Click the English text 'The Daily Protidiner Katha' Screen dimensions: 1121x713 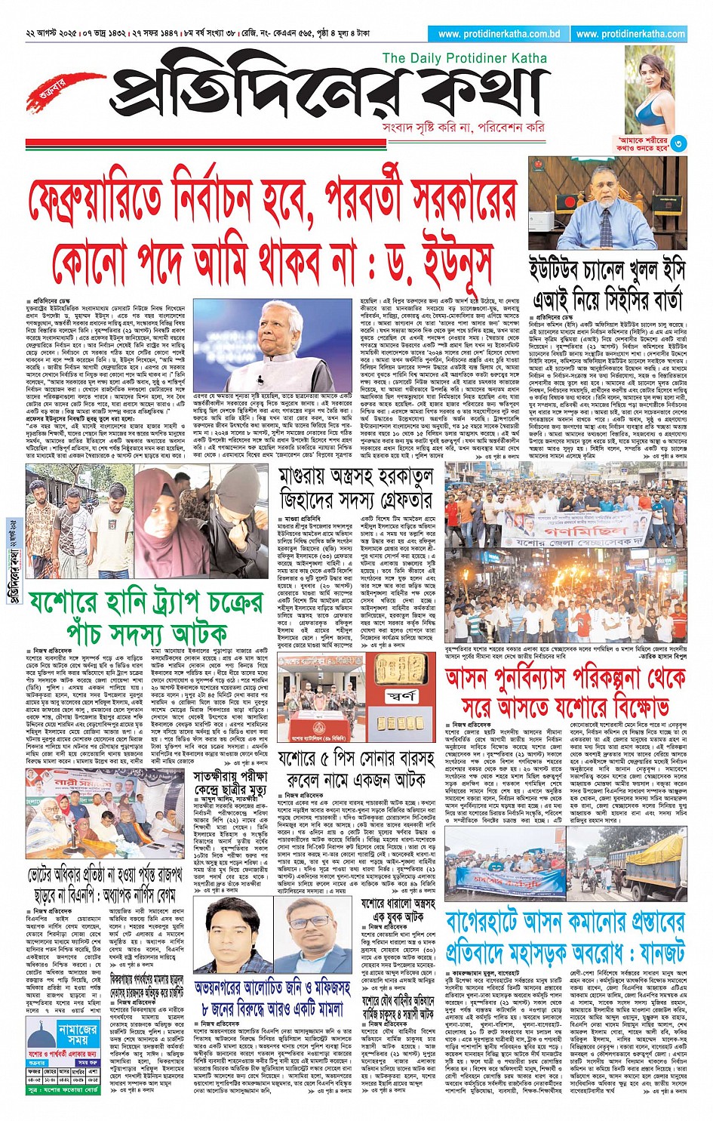[x=464, y=58]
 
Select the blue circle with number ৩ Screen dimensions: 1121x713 [x=679, y=143]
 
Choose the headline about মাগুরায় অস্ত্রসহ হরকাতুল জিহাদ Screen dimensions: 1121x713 [x=356, y=489]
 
